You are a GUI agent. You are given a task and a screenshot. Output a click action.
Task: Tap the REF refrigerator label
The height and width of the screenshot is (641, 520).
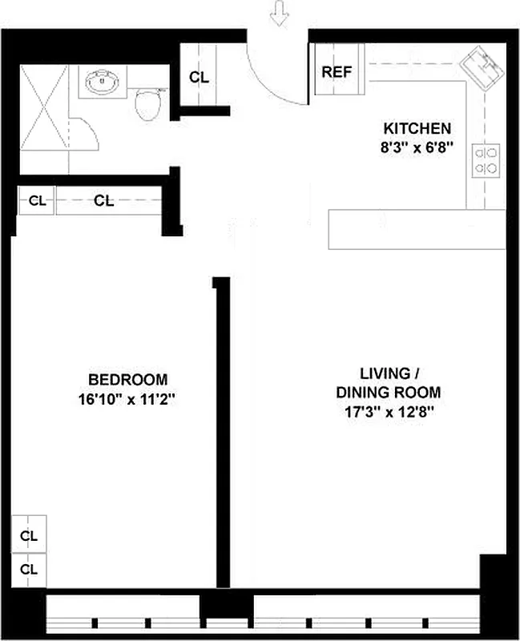(x=337, y=71)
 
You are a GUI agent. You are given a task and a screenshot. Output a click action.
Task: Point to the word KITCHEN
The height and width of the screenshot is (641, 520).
(x=417, y=128)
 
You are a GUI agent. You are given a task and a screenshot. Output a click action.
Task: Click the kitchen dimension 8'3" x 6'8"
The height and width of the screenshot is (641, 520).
(x=417, y=146)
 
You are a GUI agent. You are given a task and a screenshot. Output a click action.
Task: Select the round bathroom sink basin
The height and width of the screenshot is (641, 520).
(x=102, y=82)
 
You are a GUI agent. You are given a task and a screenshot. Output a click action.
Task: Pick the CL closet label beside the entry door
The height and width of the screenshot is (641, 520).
(x=199, y=78)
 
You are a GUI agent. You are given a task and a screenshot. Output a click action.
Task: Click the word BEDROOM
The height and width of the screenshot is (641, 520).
(x=127, y=379)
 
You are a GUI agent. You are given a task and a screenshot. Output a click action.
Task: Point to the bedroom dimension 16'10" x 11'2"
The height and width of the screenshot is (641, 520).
(x=127, y=397)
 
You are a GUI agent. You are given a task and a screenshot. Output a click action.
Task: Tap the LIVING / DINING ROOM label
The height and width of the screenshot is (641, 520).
(x=389, y=383)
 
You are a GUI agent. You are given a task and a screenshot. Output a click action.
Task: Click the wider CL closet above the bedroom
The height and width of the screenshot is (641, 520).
(x=104, y=201)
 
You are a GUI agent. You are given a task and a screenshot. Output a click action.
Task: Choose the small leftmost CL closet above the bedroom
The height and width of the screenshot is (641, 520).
(x=37, y=201)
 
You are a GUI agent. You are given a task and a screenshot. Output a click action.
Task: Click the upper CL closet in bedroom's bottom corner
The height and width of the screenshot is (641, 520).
(x=29, y=534)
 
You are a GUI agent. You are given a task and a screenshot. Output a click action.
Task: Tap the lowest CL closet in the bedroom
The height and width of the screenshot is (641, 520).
(x=29, y=569)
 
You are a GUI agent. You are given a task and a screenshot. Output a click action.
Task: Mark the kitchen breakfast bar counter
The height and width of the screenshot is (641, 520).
(x=417, y=229)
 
